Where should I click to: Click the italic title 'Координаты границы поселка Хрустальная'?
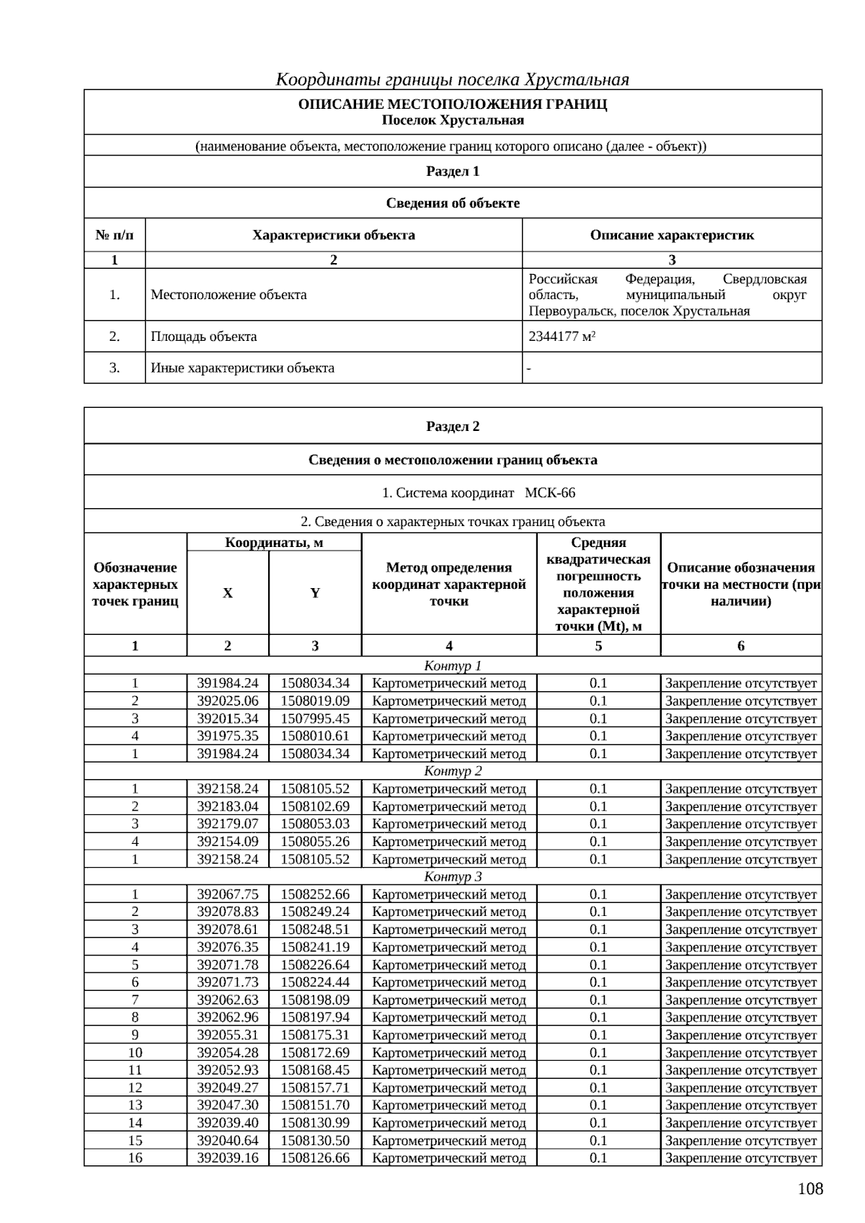[453, 79]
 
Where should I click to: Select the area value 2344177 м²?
[562, 337]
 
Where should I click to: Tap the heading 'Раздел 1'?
[453, 172]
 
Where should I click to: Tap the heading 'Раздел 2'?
[453, 426]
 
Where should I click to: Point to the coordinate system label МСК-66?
[550, 493]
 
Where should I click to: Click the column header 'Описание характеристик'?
[672, 235]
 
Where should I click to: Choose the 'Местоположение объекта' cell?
[229, 295]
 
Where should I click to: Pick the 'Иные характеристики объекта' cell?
[242, 368]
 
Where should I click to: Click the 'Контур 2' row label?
[453, 771]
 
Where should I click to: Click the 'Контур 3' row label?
[453, 876]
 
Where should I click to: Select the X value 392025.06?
[228, 701]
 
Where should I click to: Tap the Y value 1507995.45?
[315, 719]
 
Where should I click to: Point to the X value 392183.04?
[228, 806]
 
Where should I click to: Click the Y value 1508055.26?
[315, 841]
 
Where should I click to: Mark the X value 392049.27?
[228, 1088]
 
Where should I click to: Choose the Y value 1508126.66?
[315, 1157]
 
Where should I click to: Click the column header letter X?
[228, 593]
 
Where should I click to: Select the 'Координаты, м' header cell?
[274, 543]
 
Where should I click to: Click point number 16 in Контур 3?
[135, 1157]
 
